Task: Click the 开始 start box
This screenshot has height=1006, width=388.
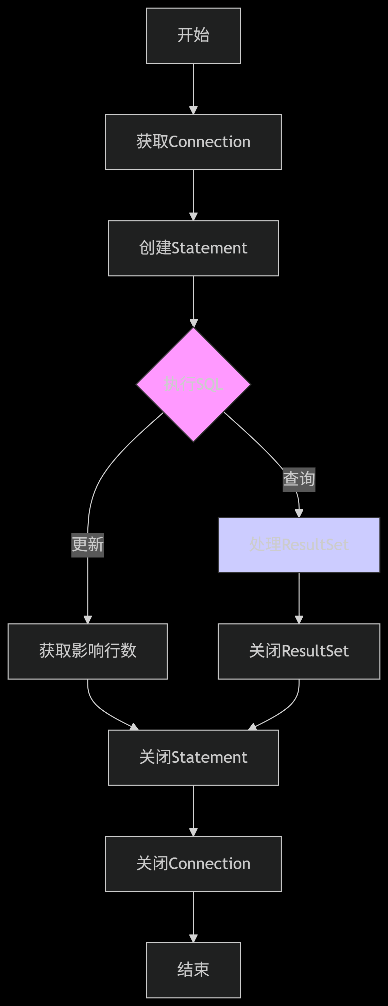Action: tap(193, 35)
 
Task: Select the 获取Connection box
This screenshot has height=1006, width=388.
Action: tap(193, 142)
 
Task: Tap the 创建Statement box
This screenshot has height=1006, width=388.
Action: tap(193, 248)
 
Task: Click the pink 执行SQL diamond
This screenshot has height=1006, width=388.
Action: tap(193, 384)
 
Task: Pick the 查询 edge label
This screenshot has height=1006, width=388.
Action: tap(299, 479)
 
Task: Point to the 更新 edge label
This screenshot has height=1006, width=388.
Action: tap(87, 545)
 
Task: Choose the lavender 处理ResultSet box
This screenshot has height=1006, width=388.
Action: tap(299, 545)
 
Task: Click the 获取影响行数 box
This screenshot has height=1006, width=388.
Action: tap(87, 651)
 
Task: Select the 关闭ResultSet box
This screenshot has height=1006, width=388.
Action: tap(299, 651)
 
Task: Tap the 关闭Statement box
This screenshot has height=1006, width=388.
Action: tap(193, 757)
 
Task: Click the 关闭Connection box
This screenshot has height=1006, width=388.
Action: tap(193, 864)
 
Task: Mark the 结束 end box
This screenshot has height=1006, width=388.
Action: tap(193, 970)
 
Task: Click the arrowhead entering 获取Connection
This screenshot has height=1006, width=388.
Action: tap(193, 110)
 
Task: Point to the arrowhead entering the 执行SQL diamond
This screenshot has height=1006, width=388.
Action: tap(193, 323)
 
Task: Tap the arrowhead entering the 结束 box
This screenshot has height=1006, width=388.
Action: tap(193, 939)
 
